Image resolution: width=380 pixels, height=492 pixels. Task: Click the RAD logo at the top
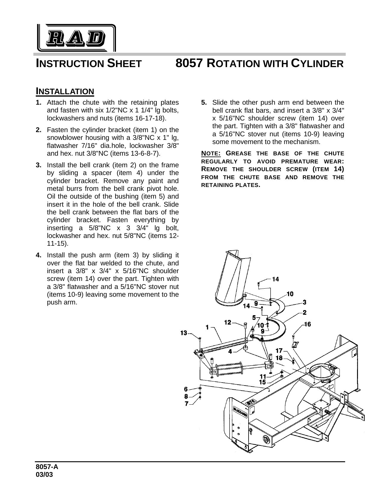(x=76, y=38)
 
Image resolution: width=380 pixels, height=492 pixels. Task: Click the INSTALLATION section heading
(x=65, y=91)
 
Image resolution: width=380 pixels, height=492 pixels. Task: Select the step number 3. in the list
(x=38, y=165)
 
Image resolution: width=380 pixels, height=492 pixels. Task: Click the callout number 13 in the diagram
(x=184, y=333)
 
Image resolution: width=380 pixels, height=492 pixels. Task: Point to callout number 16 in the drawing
(x=308, y=324)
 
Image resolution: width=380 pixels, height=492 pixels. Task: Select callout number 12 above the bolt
(x=228, y=322)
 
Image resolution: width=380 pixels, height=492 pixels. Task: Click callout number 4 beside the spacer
(x=230, y=352)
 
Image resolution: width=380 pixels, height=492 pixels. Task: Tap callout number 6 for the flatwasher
(x=186, y=389)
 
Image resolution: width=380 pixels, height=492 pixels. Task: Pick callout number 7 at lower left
(x=186, y=404)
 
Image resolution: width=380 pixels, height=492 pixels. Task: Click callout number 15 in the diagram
(x=263, y=382)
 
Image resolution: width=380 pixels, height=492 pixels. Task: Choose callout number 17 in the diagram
(x=279, y=351)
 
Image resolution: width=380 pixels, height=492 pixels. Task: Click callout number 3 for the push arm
(x=304, y=302)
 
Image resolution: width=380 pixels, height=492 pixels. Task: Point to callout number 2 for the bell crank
(x=305, y=312)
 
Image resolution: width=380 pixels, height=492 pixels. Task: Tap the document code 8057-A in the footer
(x=47, y=467)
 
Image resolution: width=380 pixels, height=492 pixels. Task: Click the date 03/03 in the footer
(x=44, y=475)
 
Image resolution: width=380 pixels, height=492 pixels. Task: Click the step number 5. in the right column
(x=204, y=102)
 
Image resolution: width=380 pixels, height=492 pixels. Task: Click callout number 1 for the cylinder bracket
(x=207, y=327)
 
